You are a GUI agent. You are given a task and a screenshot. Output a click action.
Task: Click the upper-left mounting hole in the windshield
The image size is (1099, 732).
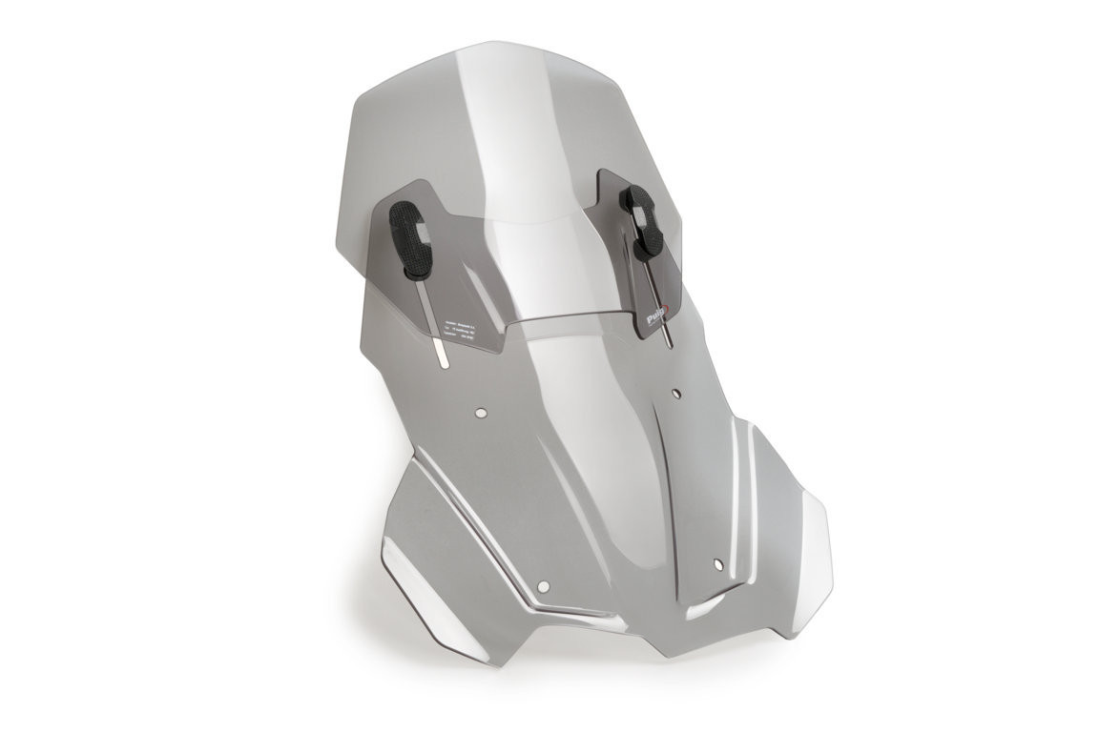(x=481, y=411)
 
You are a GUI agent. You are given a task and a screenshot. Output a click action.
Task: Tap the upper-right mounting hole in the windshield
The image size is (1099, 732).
(x=676, y=392)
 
